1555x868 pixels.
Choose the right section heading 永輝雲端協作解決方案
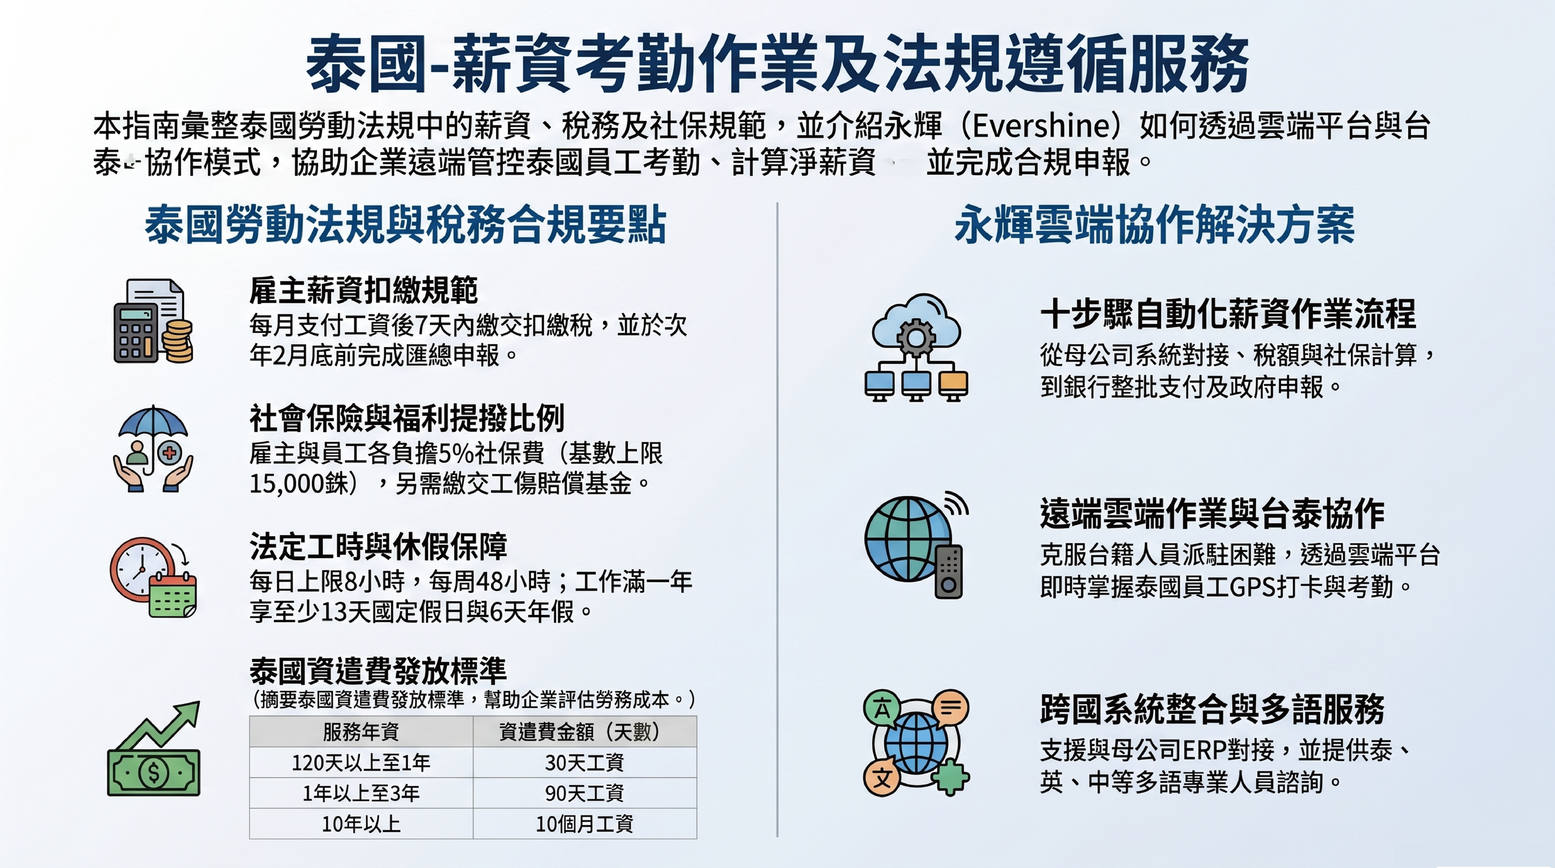1155,225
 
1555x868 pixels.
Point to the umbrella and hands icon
153,448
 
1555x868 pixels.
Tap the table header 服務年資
361,732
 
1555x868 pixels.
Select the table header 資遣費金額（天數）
584,732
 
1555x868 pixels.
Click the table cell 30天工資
584,762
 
